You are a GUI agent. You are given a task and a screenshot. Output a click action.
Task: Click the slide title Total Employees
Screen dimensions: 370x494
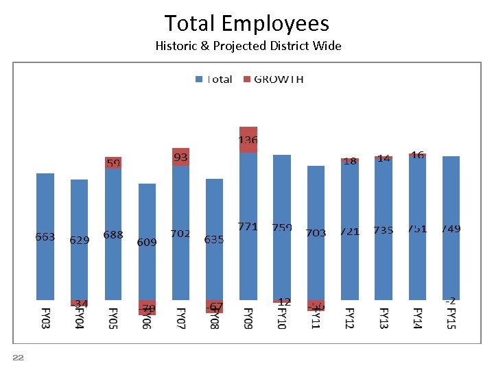point(247,23)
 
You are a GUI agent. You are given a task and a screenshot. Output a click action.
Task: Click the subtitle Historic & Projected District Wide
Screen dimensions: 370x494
point(248,47)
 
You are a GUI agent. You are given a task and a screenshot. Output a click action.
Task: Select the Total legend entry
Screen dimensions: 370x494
point(214,79)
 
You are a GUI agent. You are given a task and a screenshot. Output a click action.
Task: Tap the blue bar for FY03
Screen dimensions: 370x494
point(45,206)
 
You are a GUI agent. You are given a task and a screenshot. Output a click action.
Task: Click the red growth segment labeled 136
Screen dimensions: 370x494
point(248,140)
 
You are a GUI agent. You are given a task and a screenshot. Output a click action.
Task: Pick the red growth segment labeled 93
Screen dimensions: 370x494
point(180,158)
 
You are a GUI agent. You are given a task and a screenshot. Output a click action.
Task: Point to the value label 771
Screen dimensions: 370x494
point(248,227)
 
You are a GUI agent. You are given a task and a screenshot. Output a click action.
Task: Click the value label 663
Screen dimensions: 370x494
point(45,236)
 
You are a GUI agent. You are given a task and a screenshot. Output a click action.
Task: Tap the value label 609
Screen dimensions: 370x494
point(147,242)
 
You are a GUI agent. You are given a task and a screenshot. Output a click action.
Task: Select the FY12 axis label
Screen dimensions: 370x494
point(350,319)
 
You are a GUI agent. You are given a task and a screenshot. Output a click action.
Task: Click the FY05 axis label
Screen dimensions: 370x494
point(113,319)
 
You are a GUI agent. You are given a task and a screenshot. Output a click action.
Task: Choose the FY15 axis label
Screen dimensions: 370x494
point(451,319)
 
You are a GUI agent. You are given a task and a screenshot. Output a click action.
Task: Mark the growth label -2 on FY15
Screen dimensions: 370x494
point(451,301)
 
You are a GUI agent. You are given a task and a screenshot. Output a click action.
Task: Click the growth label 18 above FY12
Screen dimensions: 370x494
point(350,161)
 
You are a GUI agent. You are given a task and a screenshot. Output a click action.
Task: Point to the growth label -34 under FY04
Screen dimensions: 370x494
point(80,304)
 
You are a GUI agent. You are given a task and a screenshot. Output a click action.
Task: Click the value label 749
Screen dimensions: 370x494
point(451,228)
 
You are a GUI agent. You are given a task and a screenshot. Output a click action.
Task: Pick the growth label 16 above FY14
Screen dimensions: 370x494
point(417,156)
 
